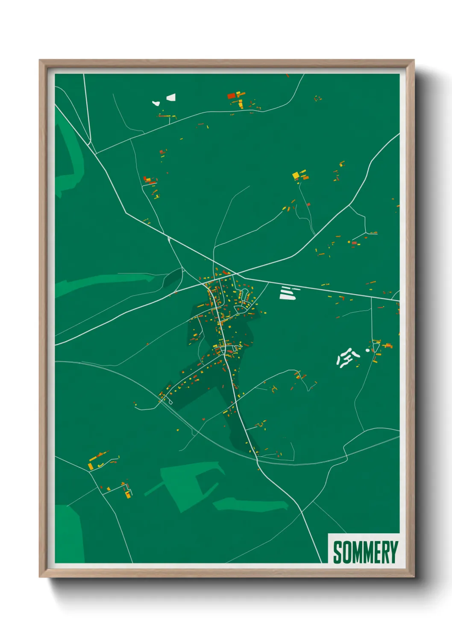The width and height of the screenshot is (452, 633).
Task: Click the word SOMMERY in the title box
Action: point(365,552)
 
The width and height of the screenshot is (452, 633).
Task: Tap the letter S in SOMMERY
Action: point(337,552)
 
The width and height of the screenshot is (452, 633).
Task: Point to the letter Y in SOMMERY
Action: point(393,552)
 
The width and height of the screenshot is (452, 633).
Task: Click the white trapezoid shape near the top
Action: point(171,98)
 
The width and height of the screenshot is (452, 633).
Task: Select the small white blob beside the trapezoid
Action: point(156,103)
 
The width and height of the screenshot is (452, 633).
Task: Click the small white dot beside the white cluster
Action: point(367,350)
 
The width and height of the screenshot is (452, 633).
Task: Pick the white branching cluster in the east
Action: point(347,358)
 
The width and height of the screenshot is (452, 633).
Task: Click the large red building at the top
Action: point(232,96)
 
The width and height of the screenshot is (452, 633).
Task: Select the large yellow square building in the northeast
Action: point(296,175)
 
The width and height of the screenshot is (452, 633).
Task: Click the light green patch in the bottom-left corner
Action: point(68,535)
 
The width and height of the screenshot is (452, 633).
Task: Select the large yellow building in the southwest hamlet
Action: point(91,465)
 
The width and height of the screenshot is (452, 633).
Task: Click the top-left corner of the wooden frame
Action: point(40,61)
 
